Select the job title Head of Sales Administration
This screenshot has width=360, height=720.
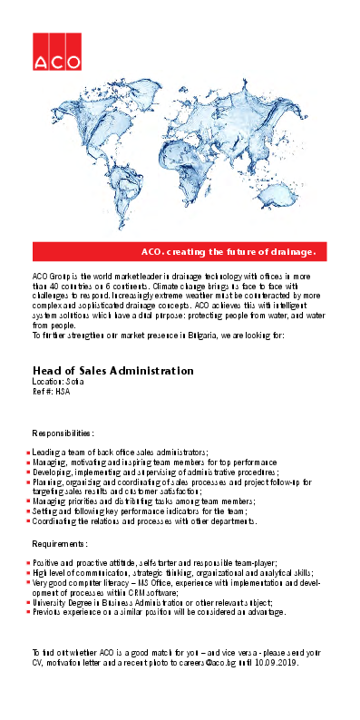pyautogui.click(x=112, y=371)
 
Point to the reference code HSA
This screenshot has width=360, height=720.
pyautogui.click(x=62, y=391)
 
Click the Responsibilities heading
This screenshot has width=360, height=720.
pyautogui.click(x=63, y=434)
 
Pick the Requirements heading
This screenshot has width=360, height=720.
pyautogui.click(x=60, y=543)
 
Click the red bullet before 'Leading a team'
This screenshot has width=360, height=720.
pyautogui.click(x=28, y=452)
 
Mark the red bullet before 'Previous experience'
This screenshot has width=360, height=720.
pyautogui.click(x=28, y=612)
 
